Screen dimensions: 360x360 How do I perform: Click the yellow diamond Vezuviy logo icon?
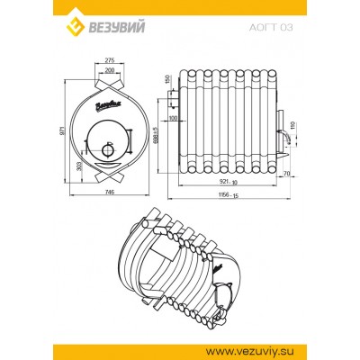(74, 26)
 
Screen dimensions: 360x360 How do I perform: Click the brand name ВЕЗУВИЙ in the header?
(115, 27)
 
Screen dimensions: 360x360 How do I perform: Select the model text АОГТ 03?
(271, 28)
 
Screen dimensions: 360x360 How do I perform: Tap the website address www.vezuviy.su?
(250, 351)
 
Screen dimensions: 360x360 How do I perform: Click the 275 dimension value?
(110, 60)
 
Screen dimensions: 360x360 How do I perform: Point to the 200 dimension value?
(110, 70)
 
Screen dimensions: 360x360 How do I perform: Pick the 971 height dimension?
(62, 130)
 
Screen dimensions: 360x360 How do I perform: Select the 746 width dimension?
(110, 193)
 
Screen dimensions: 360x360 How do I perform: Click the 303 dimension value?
(79, 166)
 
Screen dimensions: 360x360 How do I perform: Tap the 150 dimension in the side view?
(167, 79)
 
